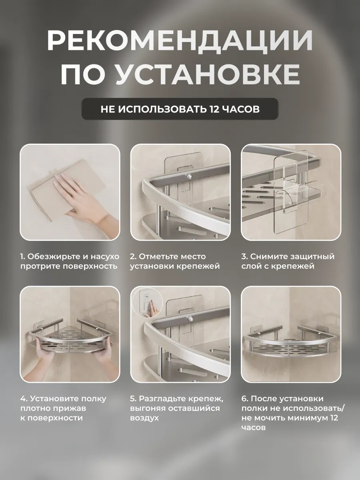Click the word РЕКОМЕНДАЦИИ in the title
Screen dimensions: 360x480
[180, 41]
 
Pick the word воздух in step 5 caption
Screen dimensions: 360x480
[144, 418]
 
